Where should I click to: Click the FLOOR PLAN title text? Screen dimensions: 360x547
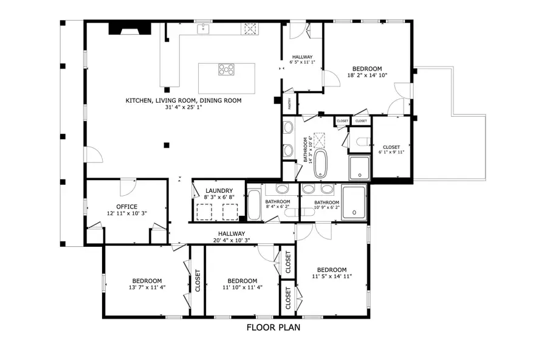click(273, 328)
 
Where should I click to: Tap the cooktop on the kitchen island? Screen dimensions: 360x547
click(227, 69)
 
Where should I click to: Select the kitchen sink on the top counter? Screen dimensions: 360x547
click(202, 28)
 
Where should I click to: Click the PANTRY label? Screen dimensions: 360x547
click(290, 104)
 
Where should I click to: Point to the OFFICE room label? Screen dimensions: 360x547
click(126, 207)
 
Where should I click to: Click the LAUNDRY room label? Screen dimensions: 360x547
click(216, 190)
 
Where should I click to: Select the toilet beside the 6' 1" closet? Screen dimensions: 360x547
click(362, 143)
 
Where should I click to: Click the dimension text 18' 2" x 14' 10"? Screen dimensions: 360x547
click(367, 75)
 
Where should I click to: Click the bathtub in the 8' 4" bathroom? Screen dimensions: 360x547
click(253, 206)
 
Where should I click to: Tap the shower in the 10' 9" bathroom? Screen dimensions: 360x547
click(354, 202)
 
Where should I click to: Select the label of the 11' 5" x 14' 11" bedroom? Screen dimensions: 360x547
click(332, 270)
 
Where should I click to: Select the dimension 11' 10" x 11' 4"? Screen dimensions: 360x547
click(242, 288)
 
